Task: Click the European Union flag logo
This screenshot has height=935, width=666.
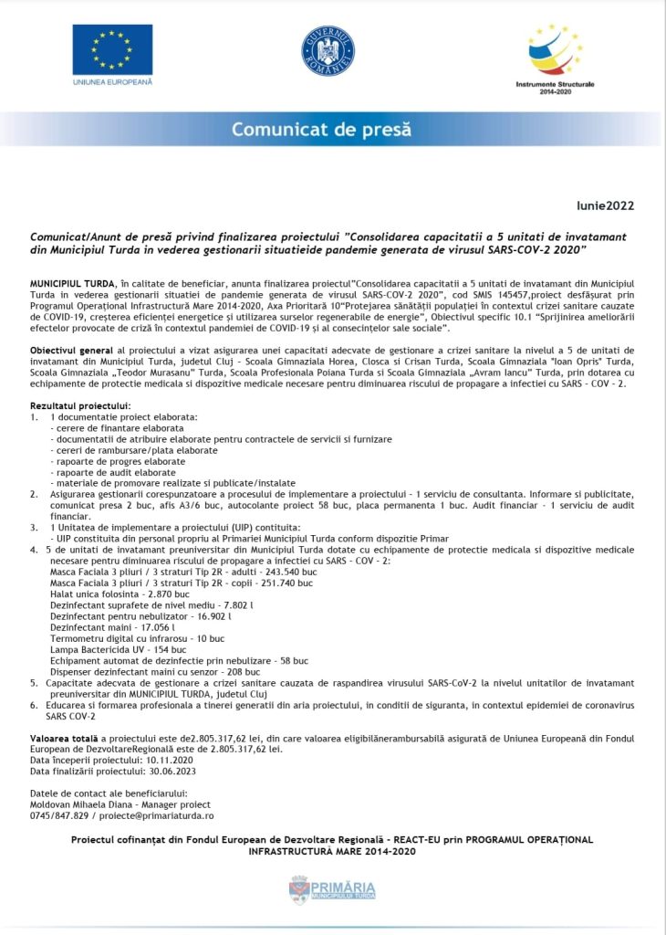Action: click(112, 49)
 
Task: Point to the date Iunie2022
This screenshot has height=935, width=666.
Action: click(605, 205)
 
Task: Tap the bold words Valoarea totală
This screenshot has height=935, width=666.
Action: click(63, 737)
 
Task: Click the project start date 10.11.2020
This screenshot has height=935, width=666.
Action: click(165, 760)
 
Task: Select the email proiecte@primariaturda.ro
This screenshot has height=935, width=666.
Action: click(156, 816)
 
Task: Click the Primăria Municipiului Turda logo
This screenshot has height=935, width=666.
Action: click(332, 890)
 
